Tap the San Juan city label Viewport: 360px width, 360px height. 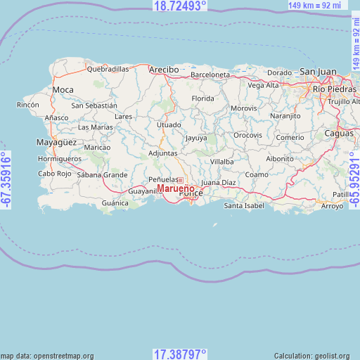[319, 72]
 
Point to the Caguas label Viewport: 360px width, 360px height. [339, 133]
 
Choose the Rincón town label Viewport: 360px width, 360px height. [28, 105]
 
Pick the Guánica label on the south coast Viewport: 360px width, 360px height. [115, 203]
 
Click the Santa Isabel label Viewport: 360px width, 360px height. [244, 205]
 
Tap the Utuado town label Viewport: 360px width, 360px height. [169, 124]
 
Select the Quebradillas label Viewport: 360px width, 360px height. [108, 70]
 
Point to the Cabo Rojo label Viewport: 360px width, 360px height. [56, 173]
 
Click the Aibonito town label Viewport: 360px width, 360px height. [279, 159]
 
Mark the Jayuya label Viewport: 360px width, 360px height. [196, 138]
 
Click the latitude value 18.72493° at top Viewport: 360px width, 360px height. [180, 6]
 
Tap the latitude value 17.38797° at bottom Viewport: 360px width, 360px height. [180, 354]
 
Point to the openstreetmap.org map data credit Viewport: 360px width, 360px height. [47, 356]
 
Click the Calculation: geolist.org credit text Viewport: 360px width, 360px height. [316, 356]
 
